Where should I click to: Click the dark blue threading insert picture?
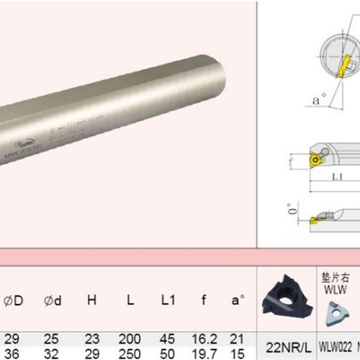[286, 295]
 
